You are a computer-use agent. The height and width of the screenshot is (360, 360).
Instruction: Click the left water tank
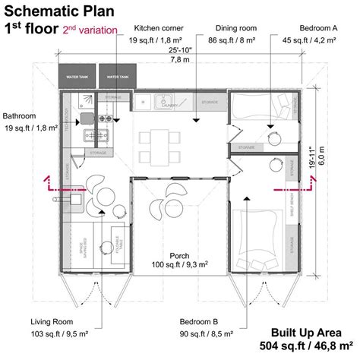point(77,77)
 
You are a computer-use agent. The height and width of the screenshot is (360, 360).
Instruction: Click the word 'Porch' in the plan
point(180,256)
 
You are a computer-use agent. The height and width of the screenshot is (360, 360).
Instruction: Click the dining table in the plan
point(159,141)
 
